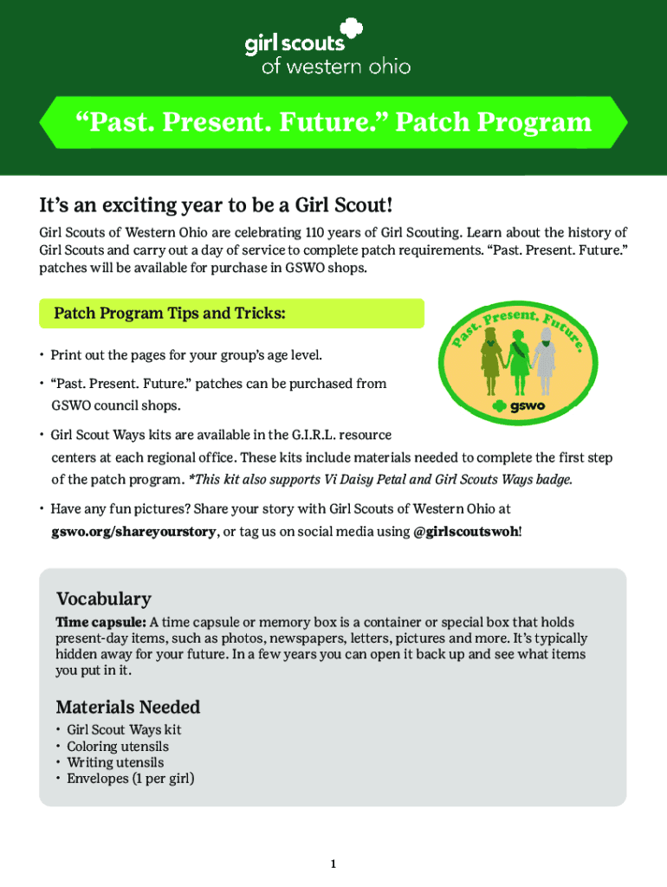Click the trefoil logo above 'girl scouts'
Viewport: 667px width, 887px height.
[351, 29]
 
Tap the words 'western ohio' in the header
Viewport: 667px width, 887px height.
[348, 67]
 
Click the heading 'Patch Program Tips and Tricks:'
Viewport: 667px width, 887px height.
[170, 314]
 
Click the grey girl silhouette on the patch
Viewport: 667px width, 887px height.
[545, 362]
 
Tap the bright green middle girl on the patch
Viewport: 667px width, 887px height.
[519, 362]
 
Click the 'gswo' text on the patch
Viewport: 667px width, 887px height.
[528, 405]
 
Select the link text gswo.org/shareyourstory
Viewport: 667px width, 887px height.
[133, 532]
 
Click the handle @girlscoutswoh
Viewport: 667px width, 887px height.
[466, 532]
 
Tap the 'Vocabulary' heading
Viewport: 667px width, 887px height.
[104, 599]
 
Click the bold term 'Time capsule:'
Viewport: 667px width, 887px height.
[100, 622]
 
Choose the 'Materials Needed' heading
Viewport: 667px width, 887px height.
[128, 707]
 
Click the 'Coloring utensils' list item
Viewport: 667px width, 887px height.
[118, 747]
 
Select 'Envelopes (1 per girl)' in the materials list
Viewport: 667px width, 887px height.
[131, 779]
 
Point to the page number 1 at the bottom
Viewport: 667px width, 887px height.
[333, 864]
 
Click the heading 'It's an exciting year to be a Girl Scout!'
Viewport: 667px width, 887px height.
[216, 204]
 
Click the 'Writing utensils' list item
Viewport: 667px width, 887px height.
[115, 762]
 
